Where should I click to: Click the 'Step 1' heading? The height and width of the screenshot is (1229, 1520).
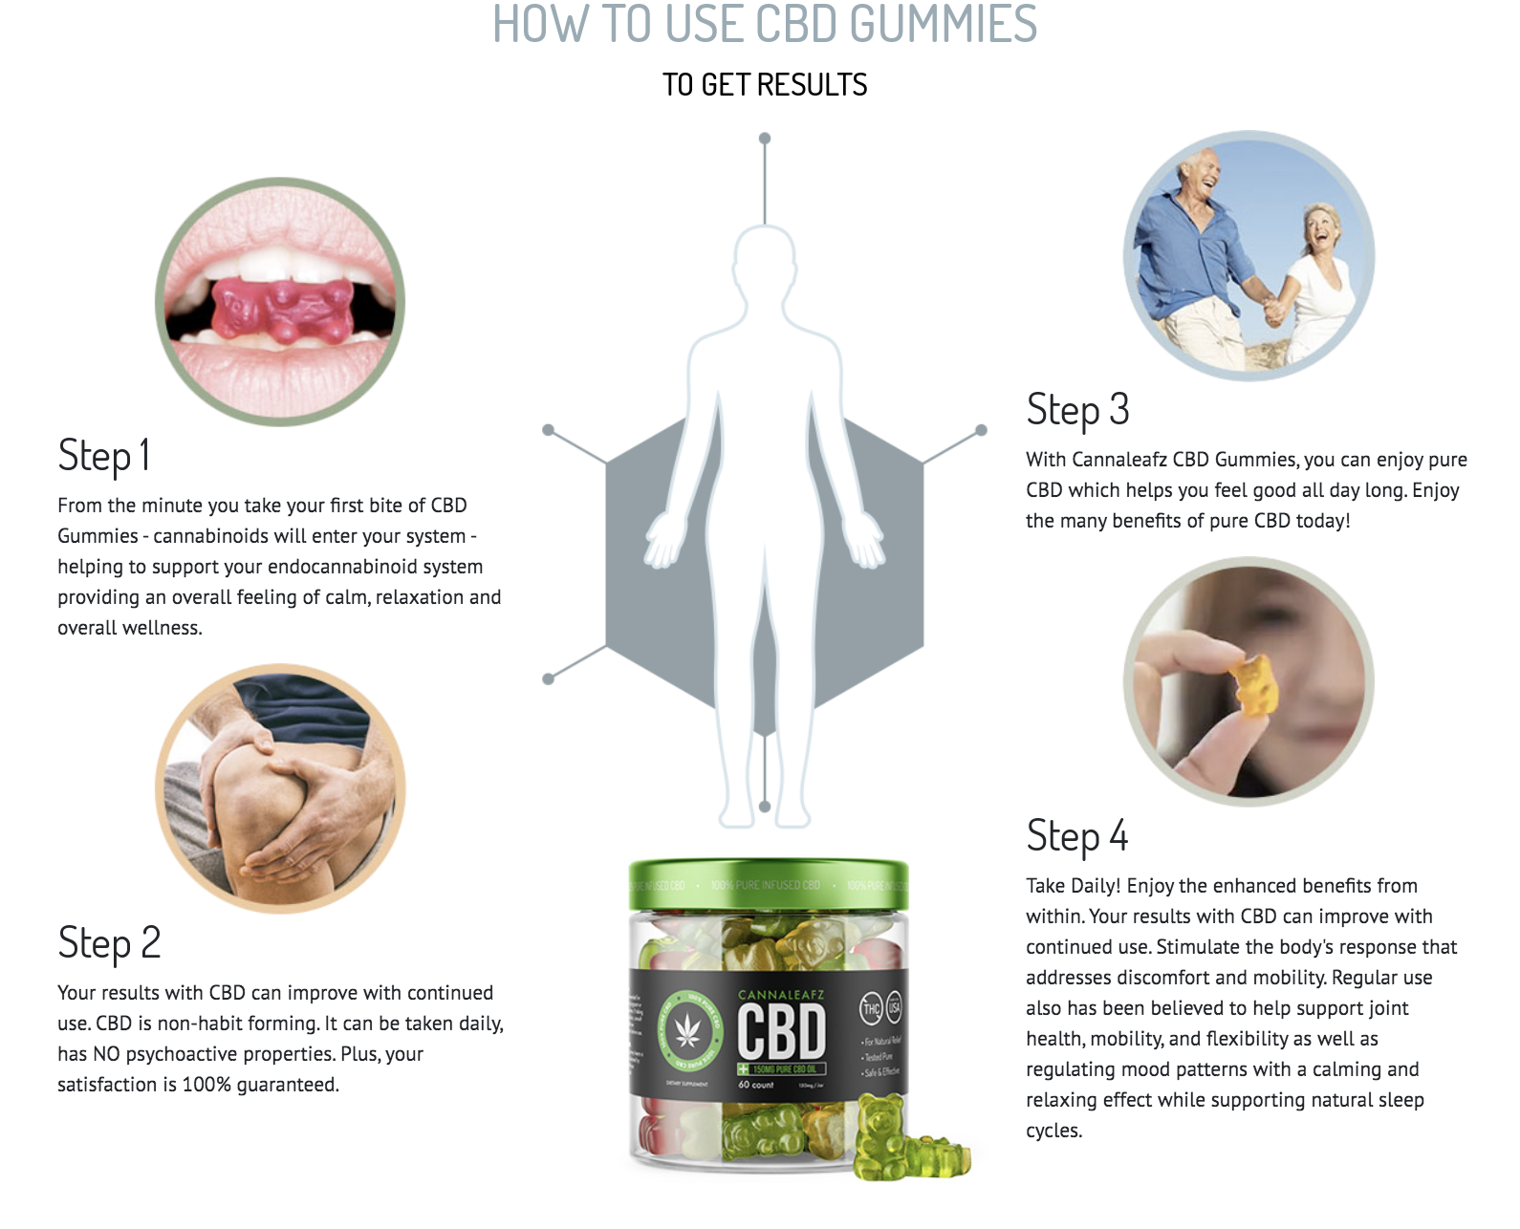pos(103,456)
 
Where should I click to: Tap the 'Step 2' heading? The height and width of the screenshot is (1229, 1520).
pos(109,943)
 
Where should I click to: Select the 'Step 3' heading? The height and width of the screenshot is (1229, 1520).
pos(1077,410)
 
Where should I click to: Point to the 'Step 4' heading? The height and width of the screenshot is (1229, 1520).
pos(1077,836)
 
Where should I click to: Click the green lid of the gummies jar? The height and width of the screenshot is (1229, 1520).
pos(769,884)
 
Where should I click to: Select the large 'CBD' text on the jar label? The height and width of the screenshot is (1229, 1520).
pos(780,1033)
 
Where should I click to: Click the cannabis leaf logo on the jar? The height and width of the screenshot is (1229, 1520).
pos(687,1031)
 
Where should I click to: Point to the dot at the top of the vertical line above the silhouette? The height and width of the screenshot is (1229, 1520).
pos(765,139)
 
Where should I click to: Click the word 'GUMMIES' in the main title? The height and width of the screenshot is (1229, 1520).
pos(943,25)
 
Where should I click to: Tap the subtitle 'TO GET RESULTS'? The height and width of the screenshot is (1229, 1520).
pos(765,85)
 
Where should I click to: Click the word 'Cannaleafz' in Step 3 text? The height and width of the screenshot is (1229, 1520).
pos(1119,460)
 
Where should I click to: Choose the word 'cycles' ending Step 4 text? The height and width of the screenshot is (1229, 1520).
pos(1053,1131)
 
